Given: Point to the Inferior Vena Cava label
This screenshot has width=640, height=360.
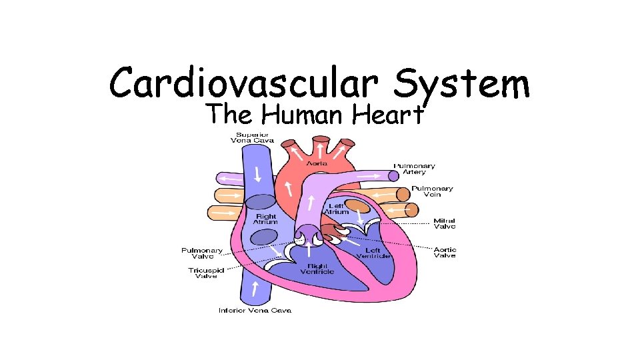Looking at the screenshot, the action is pos(255,311).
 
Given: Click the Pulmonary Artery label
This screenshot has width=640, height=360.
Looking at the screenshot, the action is pos(414,169).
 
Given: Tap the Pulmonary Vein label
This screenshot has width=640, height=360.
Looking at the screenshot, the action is pos(432,191).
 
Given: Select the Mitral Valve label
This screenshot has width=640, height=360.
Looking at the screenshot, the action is pos(445,224).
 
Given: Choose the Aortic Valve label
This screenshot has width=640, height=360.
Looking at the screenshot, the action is pos(445,253).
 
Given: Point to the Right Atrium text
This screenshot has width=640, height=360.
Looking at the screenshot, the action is pos(266,219).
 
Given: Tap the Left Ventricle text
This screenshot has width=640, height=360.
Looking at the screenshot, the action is pos(369,253).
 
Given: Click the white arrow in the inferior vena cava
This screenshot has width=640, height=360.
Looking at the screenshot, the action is pos(255,289).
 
